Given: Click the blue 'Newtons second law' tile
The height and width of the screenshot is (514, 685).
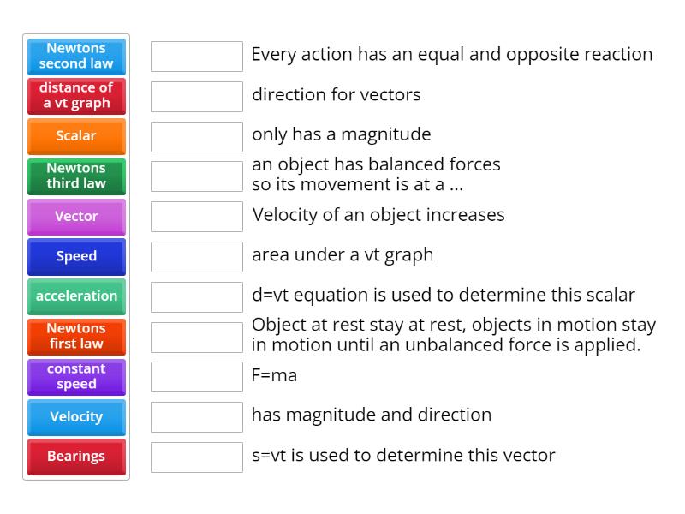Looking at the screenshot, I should (76, 56).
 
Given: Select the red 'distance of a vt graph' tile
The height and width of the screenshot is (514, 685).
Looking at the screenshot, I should (76, 96).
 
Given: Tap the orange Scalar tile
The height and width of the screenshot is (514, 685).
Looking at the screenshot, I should (76, 136).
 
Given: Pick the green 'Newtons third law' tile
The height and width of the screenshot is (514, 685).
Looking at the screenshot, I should (76, 176).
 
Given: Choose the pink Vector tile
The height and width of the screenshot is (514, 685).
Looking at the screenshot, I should (76, 216).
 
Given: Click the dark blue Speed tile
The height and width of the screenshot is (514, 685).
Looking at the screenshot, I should (76, 256).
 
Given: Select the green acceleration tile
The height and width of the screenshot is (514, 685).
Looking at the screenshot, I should (76, 296).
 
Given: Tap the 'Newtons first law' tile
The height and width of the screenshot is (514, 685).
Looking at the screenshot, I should (76, 336).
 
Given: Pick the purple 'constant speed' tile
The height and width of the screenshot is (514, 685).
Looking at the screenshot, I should (76, 376).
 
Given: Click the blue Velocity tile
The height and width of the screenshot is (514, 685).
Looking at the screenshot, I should (76, 416).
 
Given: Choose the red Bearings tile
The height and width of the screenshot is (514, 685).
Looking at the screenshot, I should (76, 457).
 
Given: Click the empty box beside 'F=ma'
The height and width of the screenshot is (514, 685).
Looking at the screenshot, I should (197, 377).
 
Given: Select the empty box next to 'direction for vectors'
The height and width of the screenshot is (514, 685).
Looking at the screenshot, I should (197, 97).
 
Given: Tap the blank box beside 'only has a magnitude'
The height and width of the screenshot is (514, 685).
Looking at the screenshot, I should (197, 137).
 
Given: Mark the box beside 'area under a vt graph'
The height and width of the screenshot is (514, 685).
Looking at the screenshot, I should (197, 257).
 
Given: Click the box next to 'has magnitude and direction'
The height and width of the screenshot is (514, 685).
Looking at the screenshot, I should (197, 417).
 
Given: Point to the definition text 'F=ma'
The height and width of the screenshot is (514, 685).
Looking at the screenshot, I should (274, 375).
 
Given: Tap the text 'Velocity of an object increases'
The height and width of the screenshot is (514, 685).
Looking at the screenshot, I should (378, 215).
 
